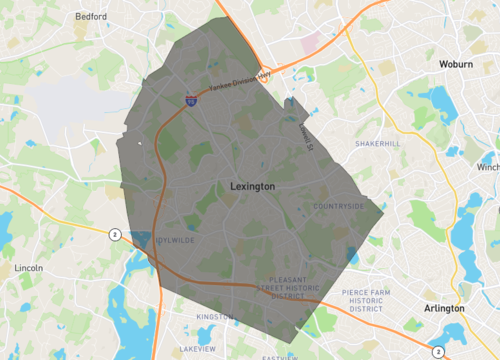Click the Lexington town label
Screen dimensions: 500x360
252,186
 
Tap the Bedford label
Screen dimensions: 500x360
91,17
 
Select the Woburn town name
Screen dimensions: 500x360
456,64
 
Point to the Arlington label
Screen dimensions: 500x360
444,309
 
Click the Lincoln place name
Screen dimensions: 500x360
28,268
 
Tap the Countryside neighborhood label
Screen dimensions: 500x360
338,206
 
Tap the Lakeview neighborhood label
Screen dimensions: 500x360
196,349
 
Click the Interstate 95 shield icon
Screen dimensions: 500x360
189,101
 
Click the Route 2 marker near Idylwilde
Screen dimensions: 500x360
115,234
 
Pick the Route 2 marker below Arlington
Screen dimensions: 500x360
437,350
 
